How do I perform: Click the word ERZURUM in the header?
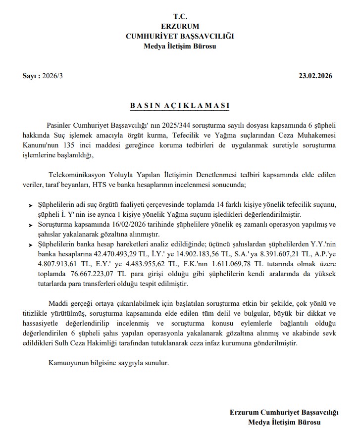pyautogui.click(x=180, y=26)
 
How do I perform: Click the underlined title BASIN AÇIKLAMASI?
pyautogui.click(x=180, y=106)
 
